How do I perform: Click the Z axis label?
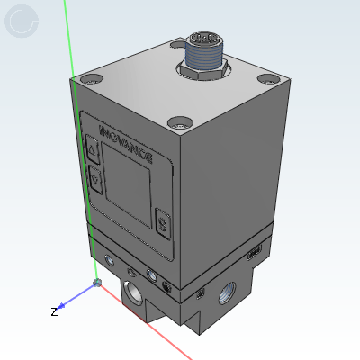[54, 311]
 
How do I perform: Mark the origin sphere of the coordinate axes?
[97, 285]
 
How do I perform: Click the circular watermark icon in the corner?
[22, 21]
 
